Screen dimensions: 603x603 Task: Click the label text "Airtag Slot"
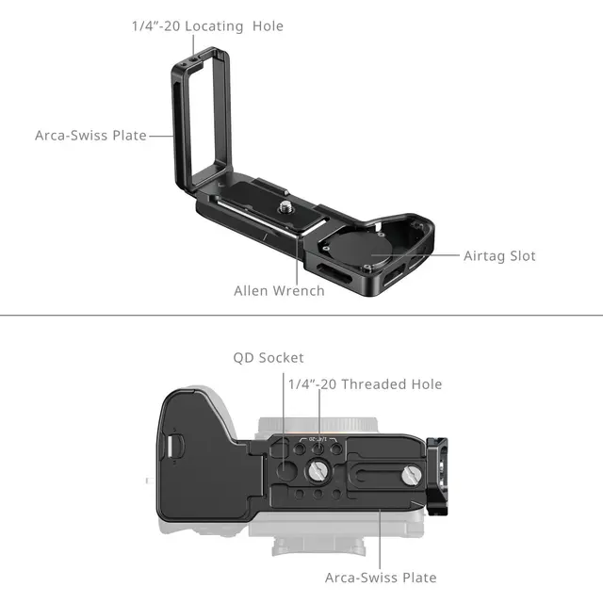point(499,255)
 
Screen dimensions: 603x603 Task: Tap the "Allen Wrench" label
point(279,291)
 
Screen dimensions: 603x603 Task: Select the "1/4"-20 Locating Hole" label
point(207,26)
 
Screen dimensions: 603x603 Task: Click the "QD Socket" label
point(269,358)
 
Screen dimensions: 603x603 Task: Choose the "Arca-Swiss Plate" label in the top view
point(90,136)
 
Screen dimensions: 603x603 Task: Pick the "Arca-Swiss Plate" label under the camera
point(381,578)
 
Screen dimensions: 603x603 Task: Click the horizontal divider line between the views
point(301,316)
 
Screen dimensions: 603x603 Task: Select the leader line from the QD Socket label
point(285,405)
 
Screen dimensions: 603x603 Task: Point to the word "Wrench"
point(299,291)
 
